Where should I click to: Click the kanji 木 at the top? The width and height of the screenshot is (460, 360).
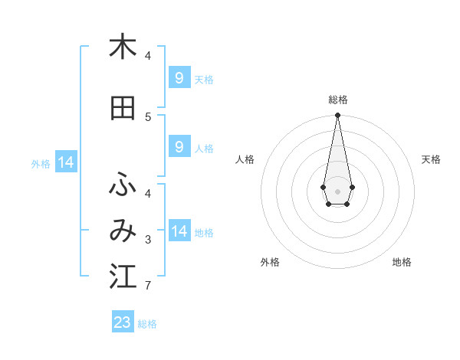coord(123,47)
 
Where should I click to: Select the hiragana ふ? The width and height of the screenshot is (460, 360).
coord(123,185)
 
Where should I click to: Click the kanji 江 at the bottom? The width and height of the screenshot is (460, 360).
coord(123,277)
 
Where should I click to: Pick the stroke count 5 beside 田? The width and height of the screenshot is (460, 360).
coord(148,116)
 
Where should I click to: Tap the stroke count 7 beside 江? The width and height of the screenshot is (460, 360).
coord(148,286)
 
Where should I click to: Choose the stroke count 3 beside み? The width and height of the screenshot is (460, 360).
coord(148,241)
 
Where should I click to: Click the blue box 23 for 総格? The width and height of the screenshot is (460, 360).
coord(123,322)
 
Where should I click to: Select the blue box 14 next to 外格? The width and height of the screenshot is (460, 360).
coord(65,162)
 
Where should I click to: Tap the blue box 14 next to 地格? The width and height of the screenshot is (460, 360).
coord(179,231)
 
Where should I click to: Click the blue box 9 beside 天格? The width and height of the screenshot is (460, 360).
coord(179,78)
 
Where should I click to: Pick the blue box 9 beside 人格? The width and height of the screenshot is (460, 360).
coord(179,147)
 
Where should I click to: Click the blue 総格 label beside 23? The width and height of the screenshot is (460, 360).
coord(148,324)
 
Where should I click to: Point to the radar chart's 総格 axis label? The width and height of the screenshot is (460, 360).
coord(337,100)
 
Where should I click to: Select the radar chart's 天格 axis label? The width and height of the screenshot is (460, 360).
coord(431,159)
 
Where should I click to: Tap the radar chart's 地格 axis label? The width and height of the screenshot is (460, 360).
coord(402,263)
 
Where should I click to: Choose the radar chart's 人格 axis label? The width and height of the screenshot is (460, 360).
coord(245,159)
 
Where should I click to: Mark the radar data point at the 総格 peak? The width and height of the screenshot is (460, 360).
coord(337,116)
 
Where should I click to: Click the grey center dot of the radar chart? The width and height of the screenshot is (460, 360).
coord(337,190)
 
